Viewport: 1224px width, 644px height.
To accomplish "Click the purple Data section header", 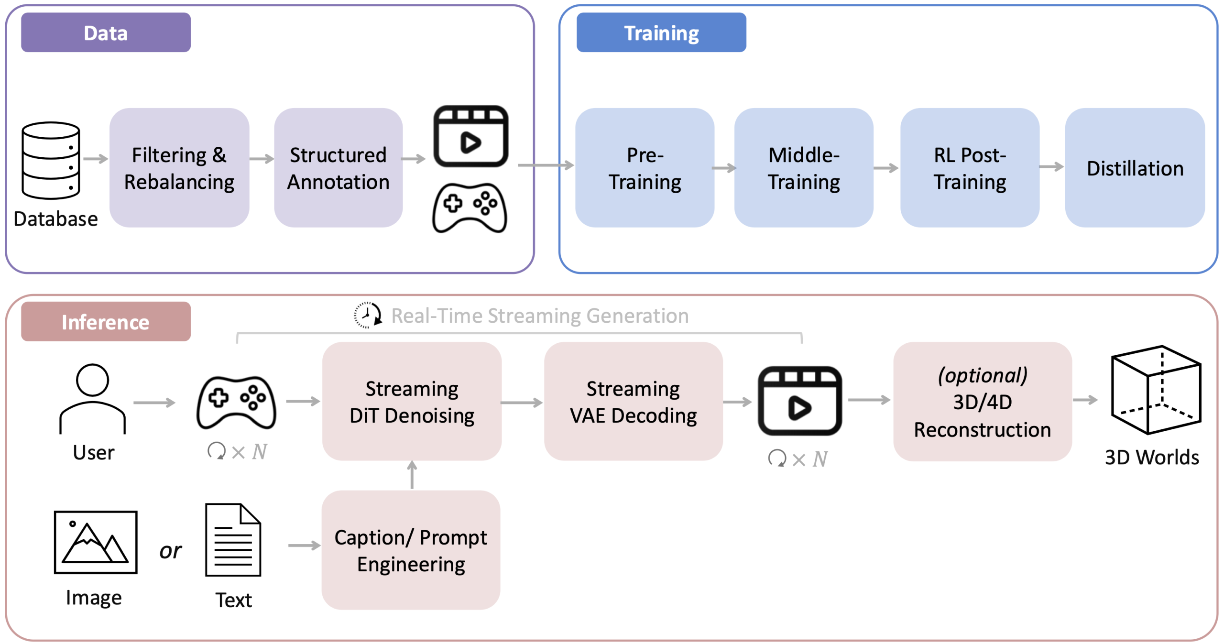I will pos(106,33).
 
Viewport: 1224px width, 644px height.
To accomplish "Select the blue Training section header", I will pos(661,33).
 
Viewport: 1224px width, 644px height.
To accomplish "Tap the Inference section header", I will pos(106,322).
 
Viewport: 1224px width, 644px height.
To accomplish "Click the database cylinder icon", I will pos(51,160).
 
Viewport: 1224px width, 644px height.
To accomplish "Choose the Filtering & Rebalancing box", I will pos(179,168).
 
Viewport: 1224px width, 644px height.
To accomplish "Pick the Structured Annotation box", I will pos(338,168).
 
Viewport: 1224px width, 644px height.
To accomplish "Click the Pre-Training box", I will pos(645,168).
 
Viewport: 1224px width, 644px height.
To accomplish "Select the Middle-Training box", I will pos(804,168).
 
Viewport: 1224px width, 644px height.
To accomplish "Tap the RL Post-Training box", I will pos(970,168).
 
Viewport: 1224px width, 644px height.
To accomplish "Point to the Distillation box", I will pos(1135,168).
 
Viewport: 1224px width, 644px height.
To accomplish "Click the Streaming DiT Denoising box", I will pos(412,401).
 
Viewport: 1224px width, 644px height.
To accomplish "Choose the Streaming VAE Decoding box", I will pos(633,401).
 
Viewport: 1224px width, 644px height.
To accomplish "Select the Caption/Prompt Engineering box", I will pos(411,550).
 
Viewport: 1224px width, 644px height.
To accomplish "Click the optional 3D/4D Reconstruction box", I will pos(982,402).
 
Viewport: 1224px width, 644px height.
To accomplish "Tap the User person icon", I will pos(92,398).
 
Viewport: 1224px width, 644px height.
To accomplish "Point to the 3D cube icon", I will pos(1156,390).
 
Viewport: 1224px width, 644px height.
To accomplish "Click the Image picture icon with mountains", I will pos(96,542).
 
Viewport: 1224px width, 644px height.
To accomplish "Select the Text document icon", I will pos(233,540).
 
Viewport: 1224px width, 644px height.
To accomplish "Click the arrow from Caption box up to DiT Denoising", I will pos(412,475).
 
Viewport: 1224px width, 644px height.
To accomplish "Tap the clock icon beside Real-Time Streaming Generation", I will pos(367,315).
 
